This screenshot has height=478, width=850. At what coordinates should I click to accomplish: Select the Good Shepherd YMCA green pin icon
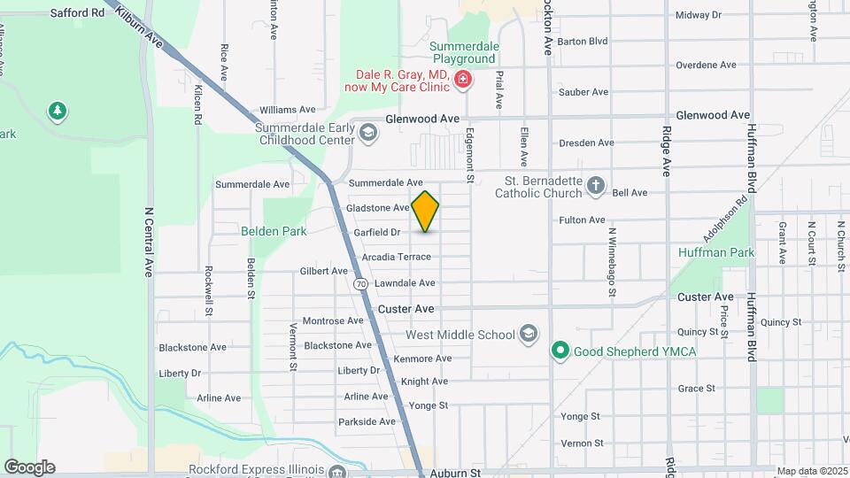pos(560,351)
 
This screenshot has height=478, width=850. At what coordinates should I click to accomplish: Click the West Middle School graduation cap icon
pos(529,334)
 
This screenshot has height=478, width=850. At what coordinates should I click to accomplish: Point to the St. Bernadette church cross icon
pos(596,186)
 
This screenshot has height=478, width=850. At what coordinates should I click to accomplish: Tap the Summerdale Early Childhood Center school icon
pos(368,133)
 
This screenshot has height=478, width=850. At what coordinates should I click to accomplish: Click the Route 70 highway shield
pos(360,284)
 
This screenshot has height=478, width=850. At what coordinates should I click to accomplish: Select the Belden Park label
pos(274,231)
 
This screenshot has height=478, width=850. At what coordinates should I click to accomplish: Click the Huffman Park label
pos(715,253)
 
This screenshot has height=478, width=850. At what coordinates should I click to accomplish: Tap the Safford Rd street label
pos(77,13)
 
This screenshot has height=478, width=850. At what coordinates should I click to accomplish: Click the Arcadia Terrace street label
pos(396,257)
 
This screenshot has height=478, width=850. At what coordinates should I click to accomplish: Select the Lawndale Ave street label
pos(405,282)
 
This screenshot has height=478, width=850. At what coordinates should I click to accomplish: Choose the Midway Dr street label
pos(699,15)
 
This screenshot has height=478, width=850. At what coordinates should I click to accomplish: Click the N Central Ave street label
pos(149,242)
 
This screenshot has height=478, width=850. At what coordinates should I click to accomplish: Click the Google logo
pos(29,466)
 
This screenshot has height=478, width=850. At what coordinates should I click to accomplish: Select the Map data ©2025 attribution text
pos(810,471)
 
